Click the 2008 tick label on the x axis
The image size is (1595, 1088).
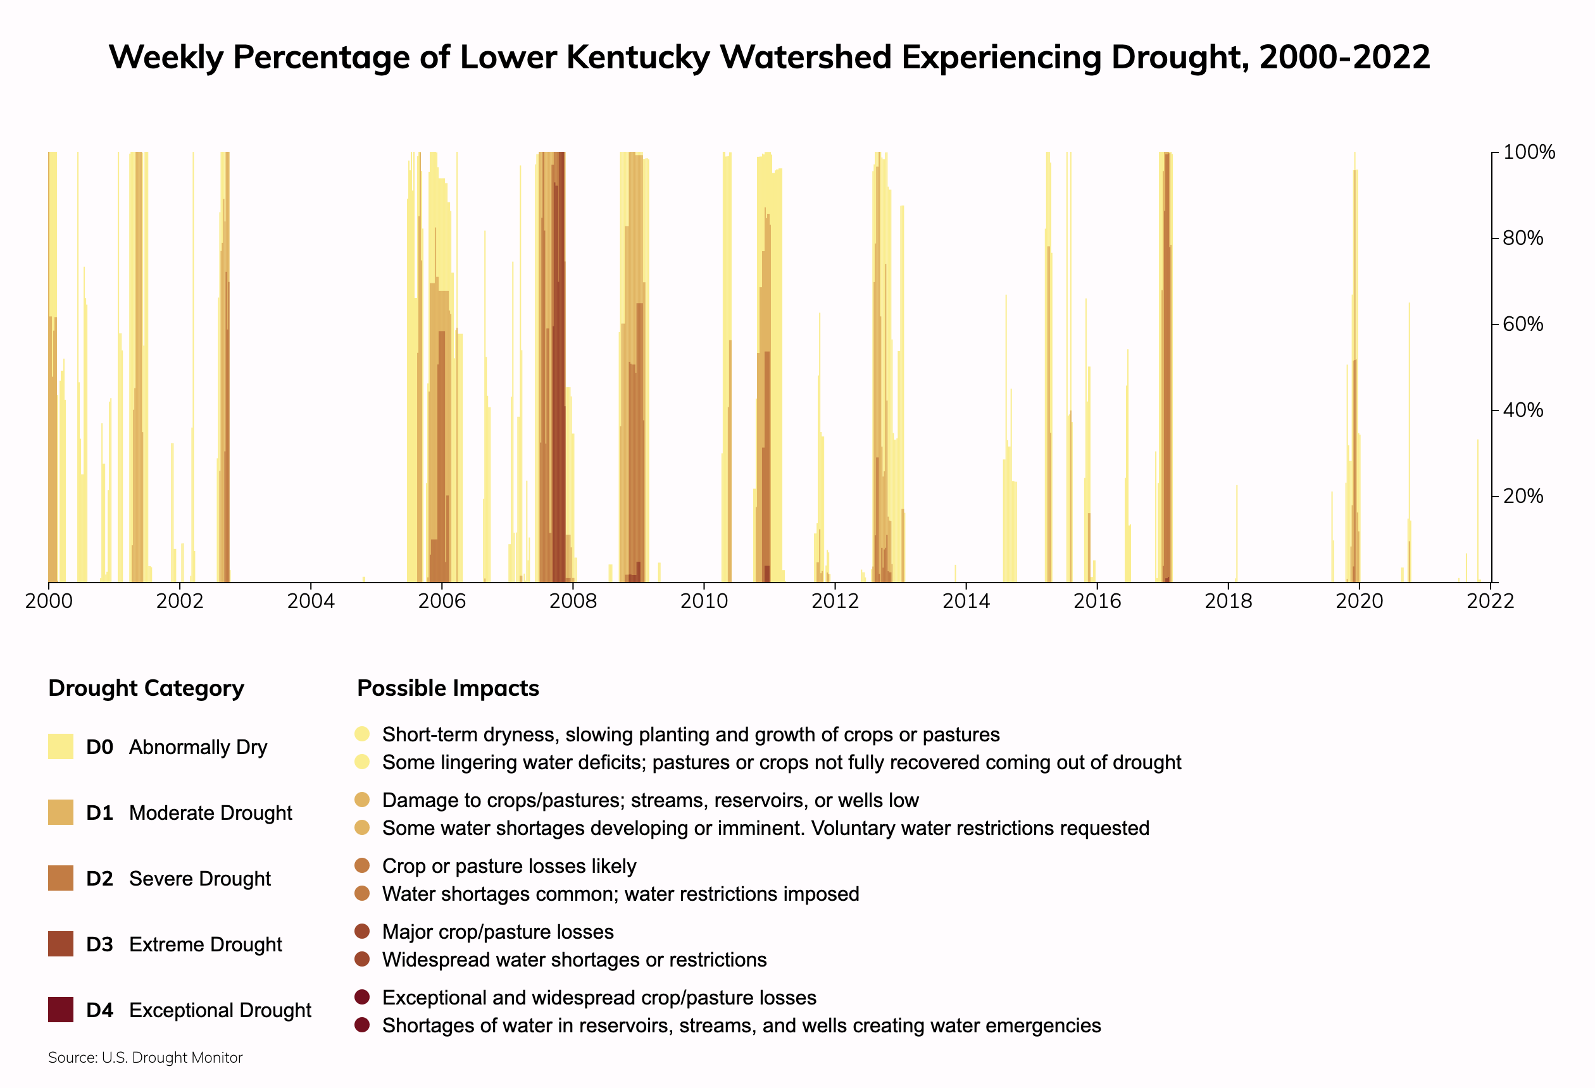[x=572, y=602]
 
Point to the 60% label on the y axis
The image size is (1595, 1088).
[x=1522, y=324]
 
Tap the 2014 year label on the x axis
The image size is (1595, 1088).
[x=966, y=602]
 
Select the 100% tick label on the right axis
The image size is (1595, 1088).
[x=1529, y=152]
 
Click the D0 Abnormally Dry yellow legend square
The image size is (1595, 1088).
[x=60, y=746]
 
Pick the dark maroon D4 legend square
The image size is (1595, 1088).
[x=60, y=1010]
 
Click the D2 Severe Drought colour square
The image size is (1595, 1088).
[x=60, y=878]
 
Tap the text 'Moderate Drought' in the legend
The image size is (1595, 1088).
[x=210, y=813]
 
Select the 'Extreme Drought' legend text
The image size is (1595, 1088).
[x=205, y=944]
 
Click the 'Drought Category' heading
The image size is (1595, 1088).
[x=146, y=688]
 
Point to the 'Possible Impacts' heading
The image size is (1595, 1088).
[x=447, y=688]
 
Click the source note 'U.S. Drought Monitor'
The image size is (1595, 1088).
[x=172, y=1058]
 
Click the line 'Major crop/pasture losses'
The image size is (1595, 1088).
[x=497, y=932]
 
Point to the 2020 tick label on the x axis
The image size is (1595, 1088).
[x=1359, y=602]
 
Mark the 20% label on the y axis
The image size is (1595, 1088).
[x=1522, y=496]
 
